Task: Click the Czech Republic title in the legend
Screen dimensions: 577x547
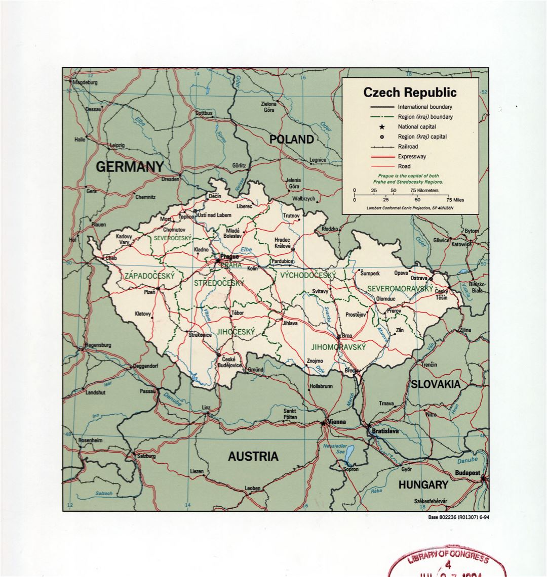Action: pos(410,93)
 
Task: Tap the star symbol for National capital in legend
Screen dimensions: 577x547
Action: pos(382,127)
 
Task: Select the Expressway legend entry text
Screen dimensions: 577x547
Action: pos(411,156)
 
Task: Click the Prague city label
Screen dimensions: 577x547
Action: pos(229,257)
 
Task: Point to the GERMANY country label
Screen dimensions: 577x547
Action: pos(130,167)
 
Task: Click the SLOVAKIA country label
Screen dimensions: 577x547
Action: pos(436,384)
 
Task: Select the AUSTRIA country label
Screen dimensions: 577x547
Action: pos(253,457)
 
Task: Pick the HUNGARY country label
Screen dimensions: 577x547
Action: pos(423,485)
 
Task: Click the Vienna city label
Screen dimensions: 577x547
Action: pos(336,422)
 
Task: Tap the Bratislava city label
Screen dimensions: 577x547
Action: pos(385,431)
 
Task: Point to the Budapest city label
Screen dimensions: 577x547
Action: pos(467,473)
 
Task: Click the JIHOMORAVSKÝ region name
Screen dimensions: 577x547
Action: pos(338,347)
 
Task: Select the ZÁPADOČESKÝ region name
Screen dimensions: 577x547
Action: pos(149,276)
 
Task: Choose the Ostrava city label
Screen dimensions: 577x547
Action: pos(419,279)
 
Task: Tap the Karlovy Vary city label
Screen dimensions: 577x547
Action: pos(124,239)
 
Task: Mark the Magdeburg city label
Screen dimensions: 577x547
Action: pos(85,82)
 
